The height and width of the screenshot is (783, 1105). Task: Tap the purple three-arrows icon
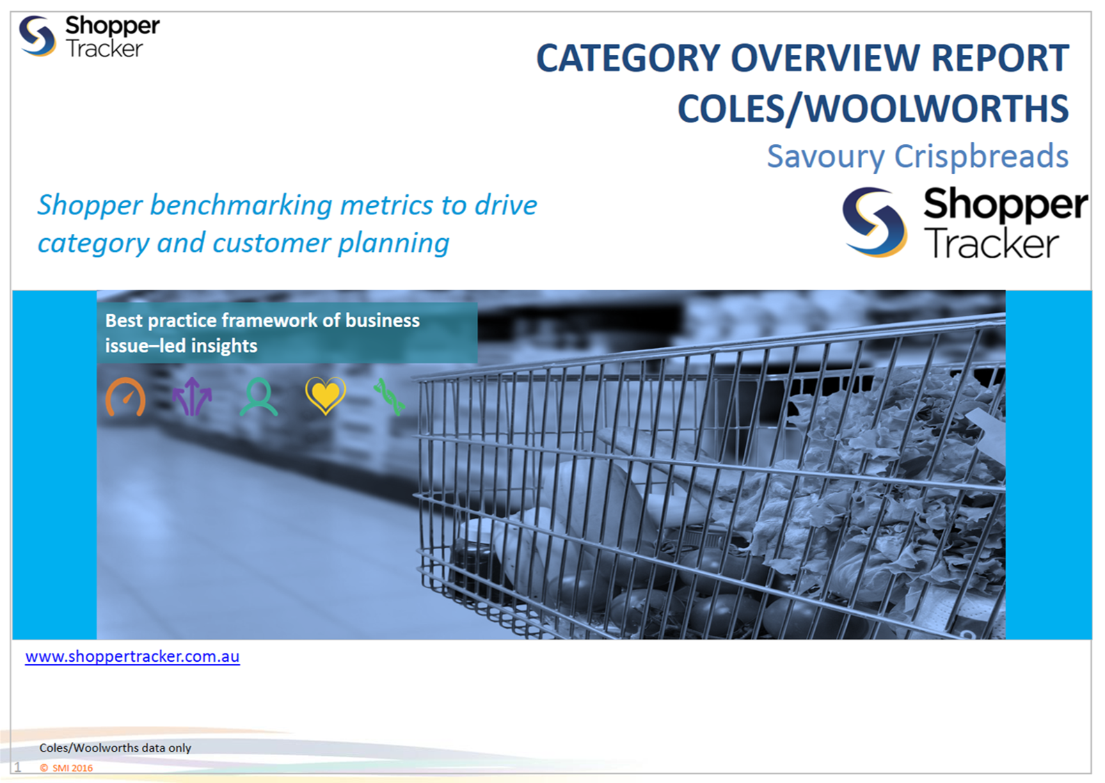(192, 397)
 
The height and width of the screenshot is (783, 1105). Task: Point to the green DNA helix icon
(390, 397)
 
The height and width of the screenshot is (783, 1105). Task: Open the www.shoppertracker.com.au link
(132, 657)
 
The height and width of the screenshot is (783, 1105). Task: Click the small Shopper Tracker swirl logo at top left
(37, 36)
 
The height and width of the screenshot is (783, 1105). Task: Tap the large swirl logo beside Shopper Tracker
(874, 222)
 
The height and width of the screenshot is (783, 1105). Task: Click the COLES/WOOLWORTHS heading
(873, 109)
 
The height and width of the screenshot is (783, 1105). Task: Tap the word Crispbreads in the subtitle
(982, 157)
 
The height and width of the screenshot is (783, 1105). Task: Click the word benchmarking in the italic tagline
(241, 206)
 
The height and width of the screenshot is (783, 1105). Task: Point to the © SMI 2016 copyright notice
(66, 768)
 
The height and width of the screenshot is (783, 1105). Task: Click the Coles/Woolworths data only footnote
(115, 748)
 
